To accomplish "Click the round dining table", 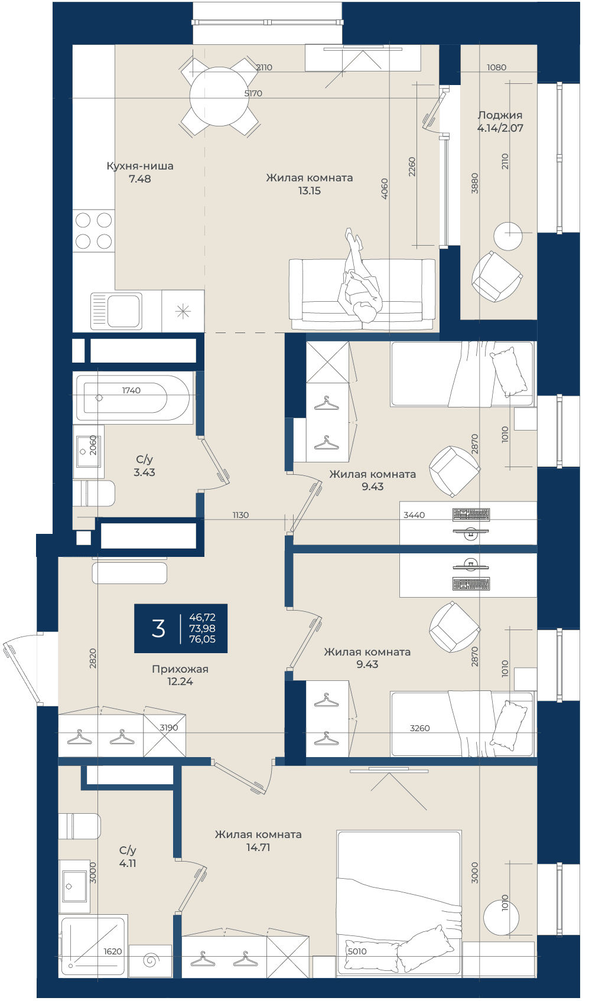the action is coord(219,96).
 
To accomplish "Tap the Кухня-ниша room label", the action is coord(140,166).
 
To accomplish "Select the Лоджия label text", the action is coord(500,115).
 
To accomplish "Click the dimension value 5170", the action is coord(253,93).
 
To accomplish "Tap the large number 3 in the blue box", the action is coord(158,628).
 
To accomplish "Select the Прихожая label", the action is coord(180,669).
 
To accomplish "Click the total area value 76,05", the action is coord(202,639).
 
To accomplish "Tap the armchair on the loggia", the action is coord(497,276).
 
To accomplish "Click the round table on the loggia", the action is coord(508,236).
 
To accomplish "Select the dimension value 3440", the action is coord(414,515).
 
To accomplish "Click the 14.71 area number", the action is coord(258,847).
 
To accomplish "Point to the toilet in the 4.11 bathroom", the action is coord(79,826).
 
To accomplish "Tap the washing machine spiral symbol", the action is coord(150,960).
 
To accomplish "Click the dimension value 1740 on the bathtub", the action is coord(131,390).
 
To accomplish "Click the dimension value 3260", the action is coord(419,728).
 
